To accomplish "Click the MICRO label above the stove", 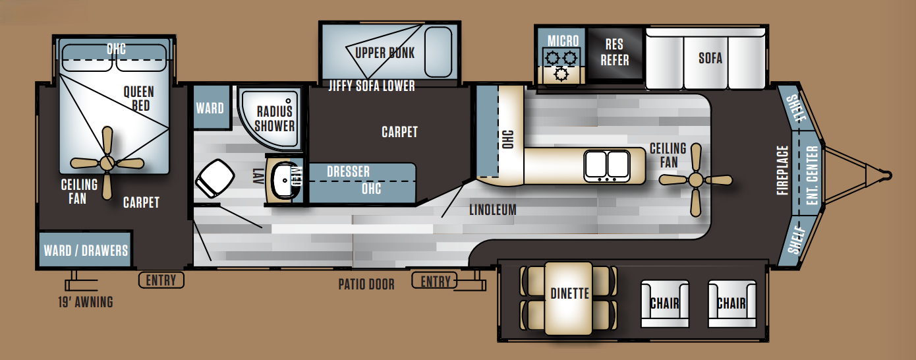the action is (563, 41).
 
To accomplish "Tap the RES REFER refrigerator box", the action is (615, 53).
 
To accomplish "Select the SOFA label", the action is (710, 58).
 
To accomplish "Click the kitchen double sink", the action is (607, 165).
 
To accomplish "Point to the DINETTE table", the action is (569, 298).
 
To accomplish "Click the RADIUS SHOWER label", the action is (274, 119).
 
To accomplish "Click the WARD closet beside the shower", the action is (210, 107).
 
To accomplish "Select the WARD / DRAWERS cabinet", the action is (85, 250).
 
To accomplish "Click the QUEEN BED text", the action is (139, 99).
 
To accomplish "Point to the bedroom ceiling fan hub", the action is (107, 162).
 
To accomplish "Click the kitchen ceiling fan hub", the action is (695, 179).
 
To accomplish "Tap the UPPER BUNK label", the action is (385, 53).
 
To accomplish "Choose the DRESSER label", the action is (348, 171).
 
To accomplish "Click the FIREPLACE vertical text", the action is (782, 170).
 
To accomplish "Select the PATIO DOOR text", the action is (366, 284).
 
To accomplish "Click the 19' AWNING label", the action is (86, 302).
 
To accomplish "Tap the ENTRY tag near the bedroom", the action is (161, 280).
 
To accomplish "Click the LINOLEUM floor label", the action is (493, 210).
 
